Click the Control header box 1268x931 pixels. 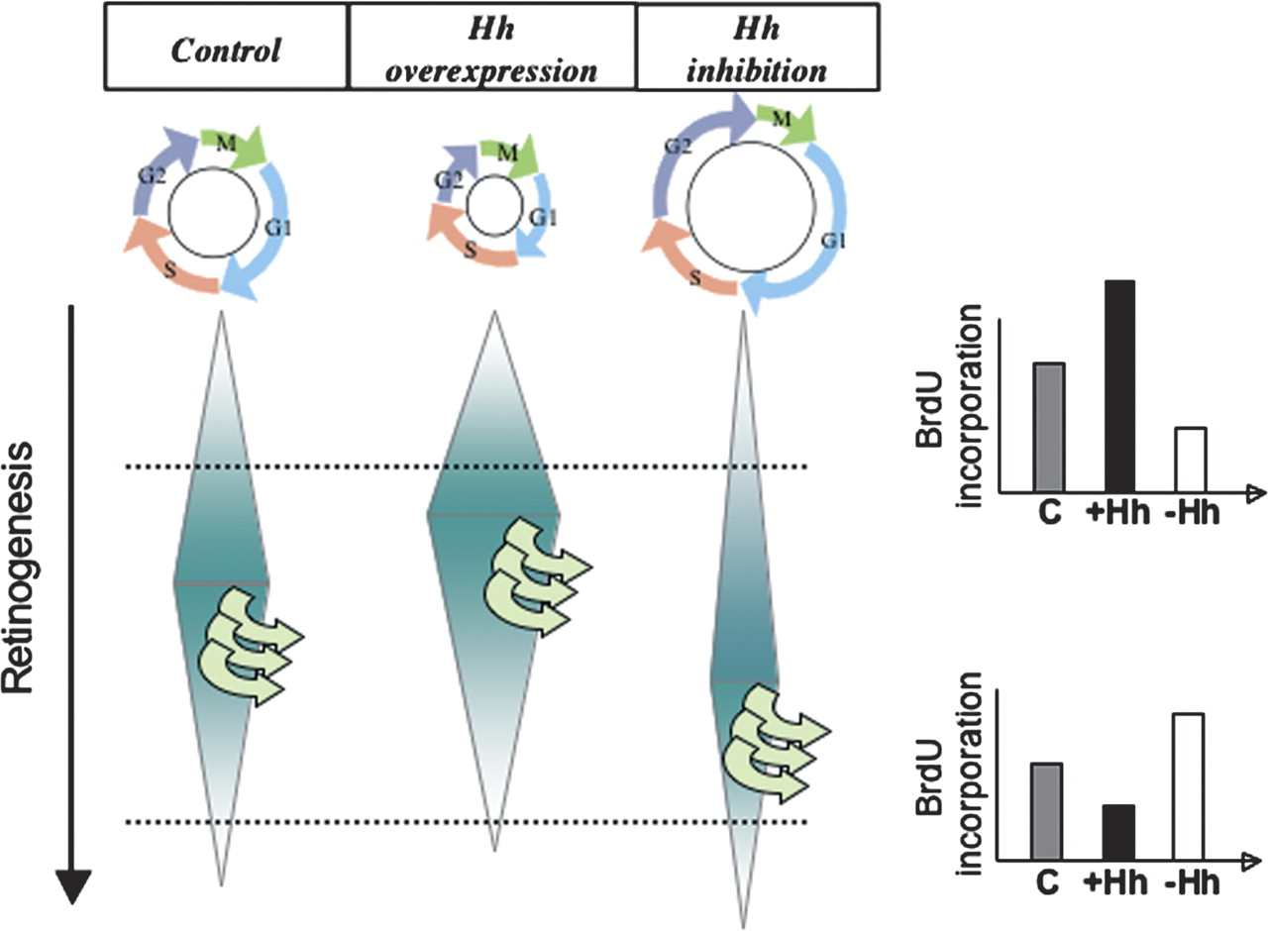(227, 47)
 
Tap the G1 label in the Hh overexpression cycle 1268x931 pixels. (542, 216)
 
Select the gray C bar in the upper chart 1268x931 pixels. (1048, 427)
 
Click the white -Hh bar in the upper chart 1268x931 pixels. (1189, 459)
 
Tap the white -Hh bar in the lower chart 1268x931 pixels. (1187, 783)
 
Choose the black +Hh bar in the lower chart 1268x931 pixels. (1117, 831)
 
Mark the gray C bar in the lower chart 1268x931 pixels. (1047, 809)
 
